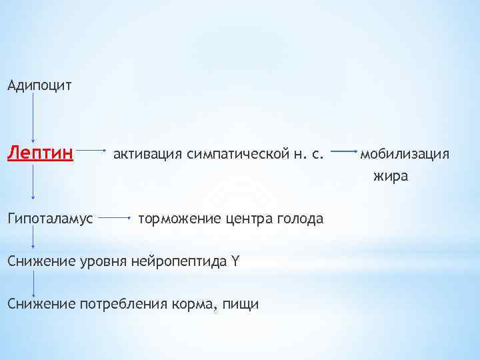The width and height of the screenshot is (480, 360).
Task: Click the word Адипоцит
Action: click(39, 85)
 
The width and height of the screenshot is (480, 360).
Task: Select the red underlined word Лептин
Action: click(40, 155)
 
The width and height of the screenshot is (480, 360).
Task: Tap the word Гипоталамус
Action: click(51, 218)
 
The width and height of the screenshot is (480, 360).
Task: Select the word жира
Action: click(391, 177)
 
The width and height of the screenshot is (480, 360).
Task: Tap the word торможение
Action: click(177, 218)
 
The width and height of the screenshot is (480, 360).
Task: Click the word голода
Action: click(299, 218)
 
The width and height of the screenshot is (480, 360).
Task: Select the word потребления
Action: click(117, 304)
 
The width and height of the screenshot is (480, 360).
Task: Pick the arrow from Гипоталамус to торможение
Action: click(118, 217)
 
